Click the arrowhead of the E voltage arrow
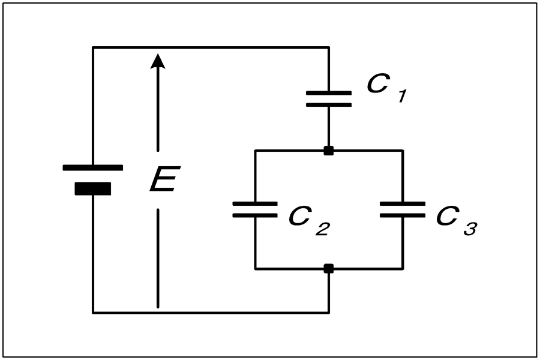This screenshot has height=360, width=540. click(x=158, y=61)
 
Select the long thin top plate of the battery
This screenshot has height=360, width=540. click(x=92, y=168)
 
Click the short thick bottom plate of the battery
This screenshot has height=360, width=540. click(x=92, y=188)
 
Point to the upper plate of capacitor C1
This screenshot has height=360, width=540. click(x=329, y=93)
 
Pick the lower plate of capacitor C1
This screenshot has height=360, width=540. click(x=329, y=105)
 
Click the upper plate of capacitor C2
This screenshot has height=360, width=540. click(x=255, y=203)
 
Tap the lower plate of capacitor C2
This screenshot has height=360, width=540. click(x=255, y=215)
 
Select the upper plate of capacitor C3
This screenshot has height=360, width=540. click(x=403, y=203)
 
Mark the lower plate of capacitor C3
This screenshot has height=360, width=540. click(x=403, y=215)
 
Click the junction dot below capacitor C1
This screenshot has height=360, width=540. click(x=329, y=151)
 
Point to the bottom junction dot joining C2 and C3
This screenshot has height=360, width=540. click(x=329, y=269)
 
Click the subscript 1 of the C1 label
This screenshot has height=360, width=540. click(x=403, y=96)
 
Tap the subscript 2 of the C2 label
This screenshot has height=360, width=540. click(x=323, y=229)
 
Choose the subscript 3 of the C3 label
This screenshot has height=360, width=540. click(x=470, y=229)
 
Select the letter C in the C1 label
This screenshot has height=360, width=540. click(x=379, y=83)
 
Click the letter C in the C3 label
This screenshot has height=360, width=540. click(x=448, y=216)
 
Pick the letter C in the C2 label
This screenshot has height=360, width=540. click(x=301, y=216)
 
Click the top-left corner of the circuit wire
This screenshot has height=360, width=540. click(x=92, y=47)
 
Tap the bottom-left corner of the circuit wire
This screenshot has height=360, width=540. click(x=92, y=313)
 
